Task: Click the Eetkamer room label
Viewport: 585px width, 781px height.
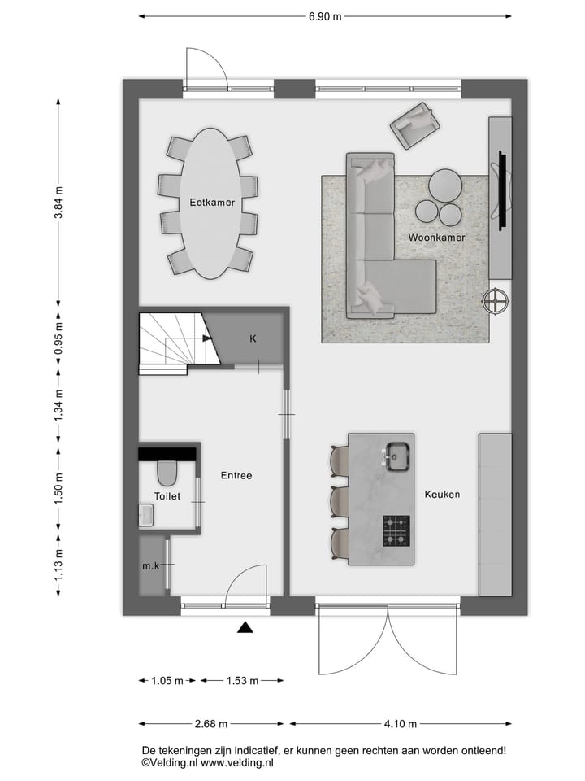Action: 213,203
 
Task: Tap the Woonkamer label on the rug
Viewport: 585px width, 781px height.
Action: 436,238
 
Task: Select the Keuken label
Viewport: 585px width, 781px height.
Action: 442,494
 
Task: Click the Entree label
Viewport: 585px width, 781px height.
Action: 236,475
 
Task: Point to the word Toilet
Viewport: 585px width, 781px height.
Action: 167,495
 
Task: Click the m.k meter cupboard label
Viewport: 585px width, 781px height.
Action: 150,565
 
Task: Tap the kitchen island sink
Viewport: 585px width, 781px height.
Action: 397,456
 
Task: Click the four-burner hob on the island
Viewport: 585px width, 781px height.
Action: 396,530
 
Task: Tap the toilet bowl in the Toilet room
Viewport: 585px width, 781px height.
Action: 167,472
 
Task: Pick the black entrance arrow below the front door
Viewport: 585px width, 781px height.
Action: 245,626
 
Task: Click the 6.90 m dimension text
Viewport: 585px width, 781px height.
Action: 325,15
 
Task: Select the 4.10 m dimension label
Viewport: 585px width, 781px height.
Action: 401,723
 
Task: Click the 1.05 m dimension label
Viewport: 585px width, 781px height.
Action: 168,680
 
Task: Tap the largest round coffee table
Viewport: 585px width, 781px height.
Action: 445,184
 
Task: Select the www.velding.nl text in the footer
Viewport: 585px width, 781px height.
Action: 237,763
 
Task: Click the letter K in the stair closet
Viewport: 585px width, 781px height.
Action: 253,338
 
